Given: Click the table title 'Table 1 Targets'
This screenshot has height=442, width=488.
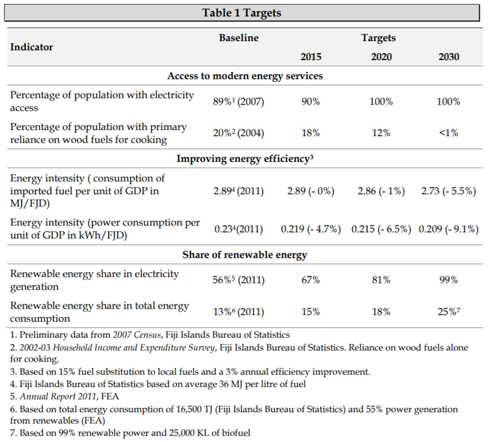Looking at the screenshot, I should (x=242, y=13).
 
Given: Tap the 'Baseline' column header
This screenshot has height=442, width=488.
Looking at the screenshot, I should (x=239, y=38).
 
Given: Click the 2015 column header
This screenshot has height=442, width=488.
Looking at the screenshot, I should (x=311, y=57).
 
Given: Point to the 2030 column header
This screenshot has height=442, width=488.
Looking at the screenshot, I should (x=448, y=57).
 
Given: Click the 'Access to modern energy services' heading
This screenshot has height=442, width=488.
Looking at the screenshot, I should (x=245, y=75).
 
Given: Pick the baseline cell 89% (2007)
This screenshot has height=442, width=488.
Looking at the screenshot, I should (x=239, y=101).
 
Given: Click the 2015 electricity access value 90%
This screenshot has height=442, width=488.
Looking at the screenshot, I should (x=310, y=101).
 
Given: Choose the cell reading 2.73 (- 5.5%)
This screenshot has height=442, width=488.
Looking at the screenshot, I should (x=448, y=189).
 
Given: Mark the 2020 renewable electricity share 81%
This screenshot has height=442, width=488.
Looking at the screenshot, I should (x=380, y=280).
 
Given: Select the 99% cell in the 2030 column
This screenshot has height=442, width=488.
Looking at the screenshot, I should (x=448, y=280).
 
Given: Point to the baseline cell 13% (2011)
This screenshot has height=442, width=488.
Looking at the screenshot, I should (x=239, y=311).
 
